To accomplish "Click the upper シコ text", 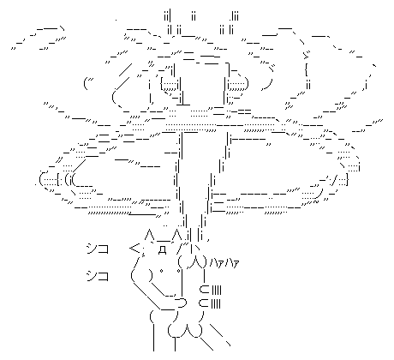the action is pos(98,249).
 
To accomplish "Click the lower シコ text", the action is pos(98,276).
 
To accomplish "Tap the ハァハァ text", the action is pos(224,263).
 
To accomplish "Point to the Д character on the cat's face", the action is pos(162,249).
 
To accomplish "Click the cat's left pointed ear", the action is pos(149,234).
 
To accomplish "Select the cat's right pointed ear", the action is pos(177,234).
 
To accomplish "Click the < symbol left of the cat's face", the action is pos(134,249).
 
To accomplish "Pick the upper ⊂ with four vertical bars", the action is pos(211,290).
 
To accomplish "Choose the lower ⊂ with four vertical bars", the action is pos(211,303).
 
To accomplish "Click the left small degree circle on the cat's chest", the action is pos(161,270).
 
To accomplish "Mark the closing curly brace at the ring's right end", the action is pos(346,180).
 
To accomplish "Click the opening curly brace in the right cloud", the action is pos(306,70).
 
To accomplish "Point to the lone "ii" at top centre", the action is pos(194,16).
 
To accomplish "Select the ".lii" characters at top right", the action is pos(234,16).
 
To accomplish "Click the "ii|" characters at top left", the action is pos(167,16).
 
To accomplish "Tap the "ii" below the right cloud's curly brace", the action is pos(308,85).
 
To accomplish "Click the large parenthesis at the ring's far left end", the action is pos(42,180).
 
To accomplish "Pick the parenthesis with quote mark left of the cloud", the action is pos(87,83).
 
